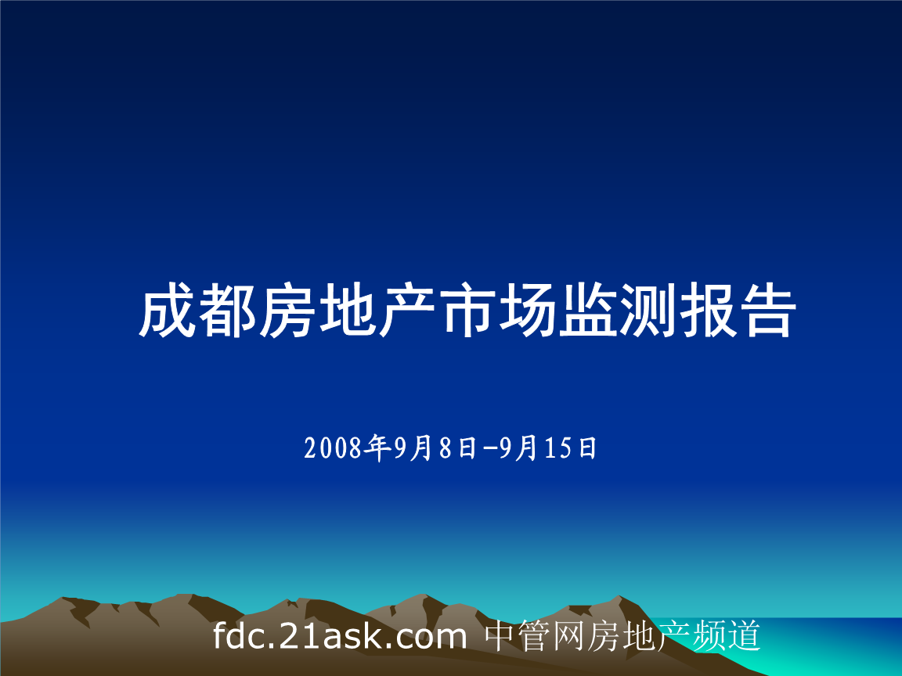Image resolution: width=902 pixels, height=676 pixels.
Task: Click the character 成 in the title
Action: pyautogui.click(x=167, y=311)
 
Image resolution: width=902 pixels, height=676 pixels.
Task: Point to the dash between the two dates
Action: pyautogui.click(x=490, y=448)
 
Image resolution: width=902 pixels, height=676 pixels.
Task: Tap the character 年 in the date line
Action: pyautogui.click(x=381, y=448)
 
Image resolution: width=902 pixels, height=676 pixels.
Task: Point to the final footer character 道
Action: pyautogui.click(x=745, y=637)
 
